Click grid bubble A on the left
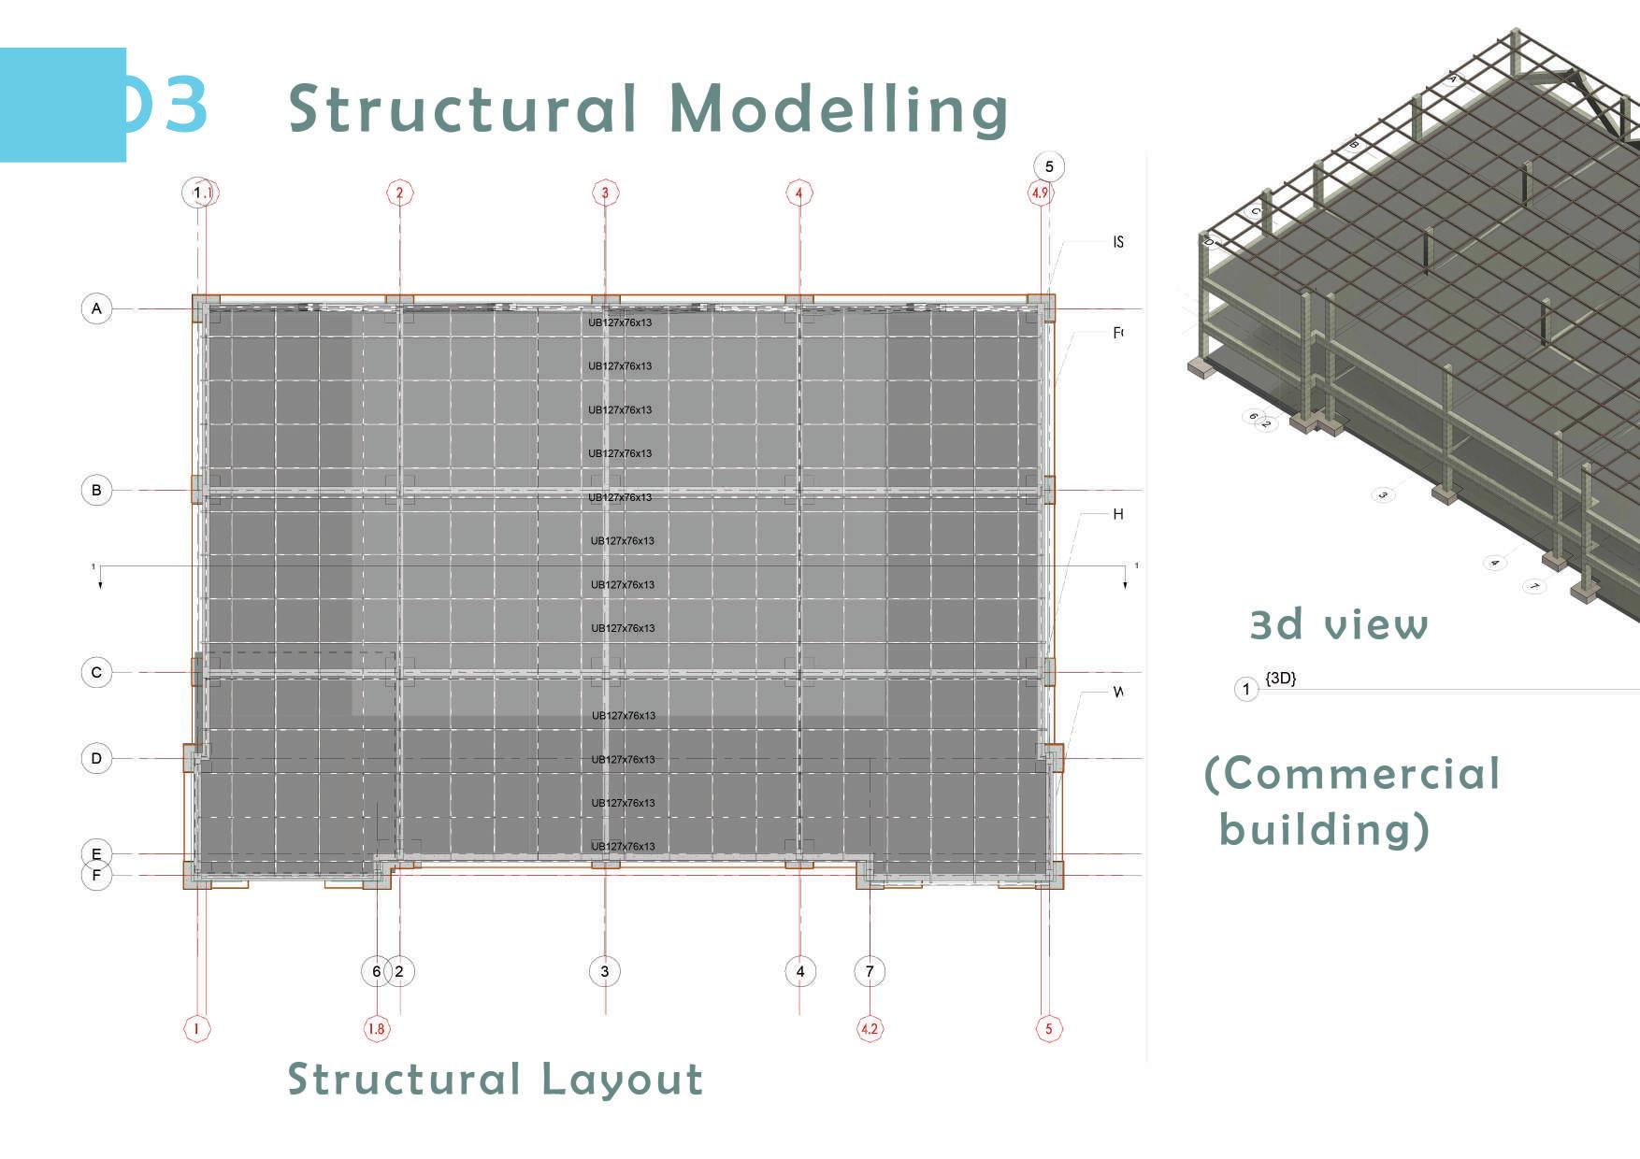96,308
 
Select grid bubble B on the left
96,490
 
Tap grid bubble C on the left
96,672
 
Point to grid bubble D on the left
96,758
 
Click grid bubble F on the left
96,876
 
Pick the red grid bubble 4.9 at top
1040,193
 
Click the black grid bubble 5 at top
1049,166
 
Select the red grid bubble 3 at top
605,193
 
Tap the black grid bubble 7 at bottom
870,971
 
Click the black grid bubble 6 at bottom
376,971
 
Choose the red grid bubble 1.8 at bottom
376,1029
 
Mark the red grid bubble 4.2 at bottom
870,1029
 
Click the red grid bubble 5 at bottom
1048,1029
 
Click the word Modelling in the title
839,110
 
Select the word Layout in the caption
622,1080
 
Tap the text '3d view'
1339,624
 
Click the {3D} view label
1280,678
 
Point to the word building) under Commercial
1324,829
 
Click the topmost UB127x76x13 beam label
620,322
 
